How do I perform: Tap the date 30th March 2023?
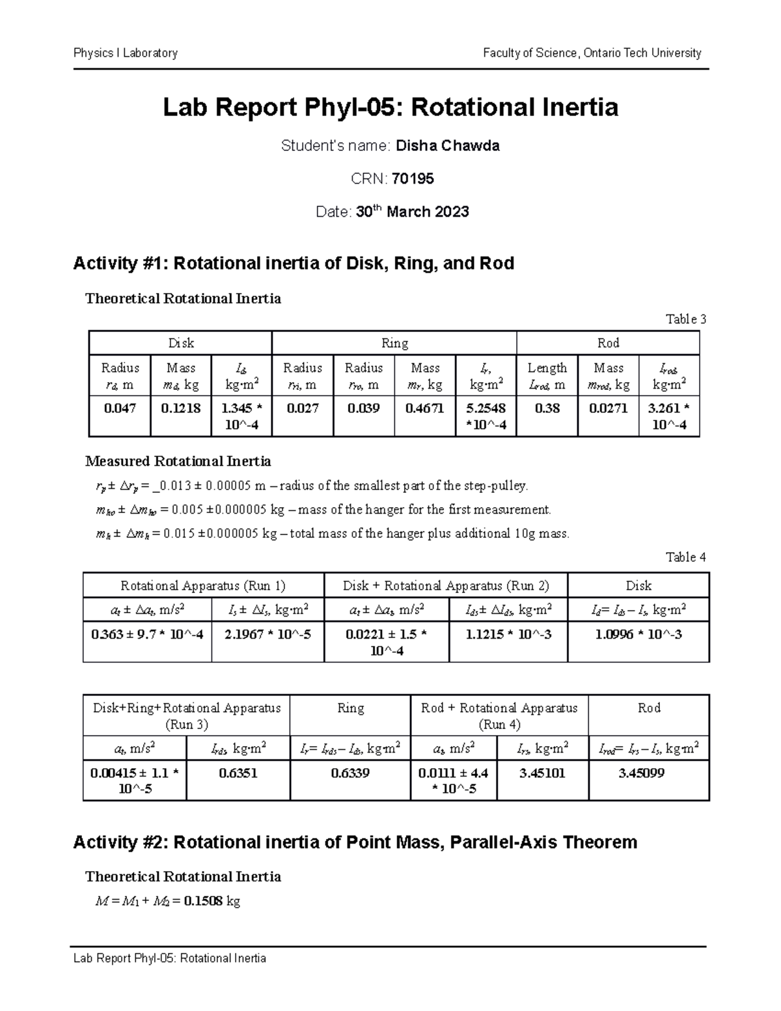412,212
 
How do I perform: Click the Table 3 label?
685,319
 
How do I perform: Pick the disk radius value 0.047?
120,408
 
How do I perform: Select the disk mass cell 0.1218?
181,408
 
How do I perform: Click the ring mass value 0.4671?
425,408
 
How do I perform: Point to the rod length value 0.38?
547,408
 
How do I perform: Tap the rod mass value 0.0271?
608,408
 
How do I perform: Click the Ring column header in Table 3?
394,343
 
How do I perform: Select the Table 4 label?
685,557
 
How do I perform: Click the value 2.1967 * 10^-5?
267,634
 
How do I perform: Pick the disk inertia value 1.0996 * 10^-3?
638,634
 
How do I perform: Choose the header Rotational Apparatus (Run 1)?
203,585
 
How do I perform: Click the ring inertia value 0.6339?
350,773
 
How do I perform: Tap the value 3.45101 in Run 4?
542,773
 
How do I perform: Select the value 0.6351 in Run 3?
238,773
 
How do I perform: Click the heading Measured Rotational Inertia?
178,462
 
